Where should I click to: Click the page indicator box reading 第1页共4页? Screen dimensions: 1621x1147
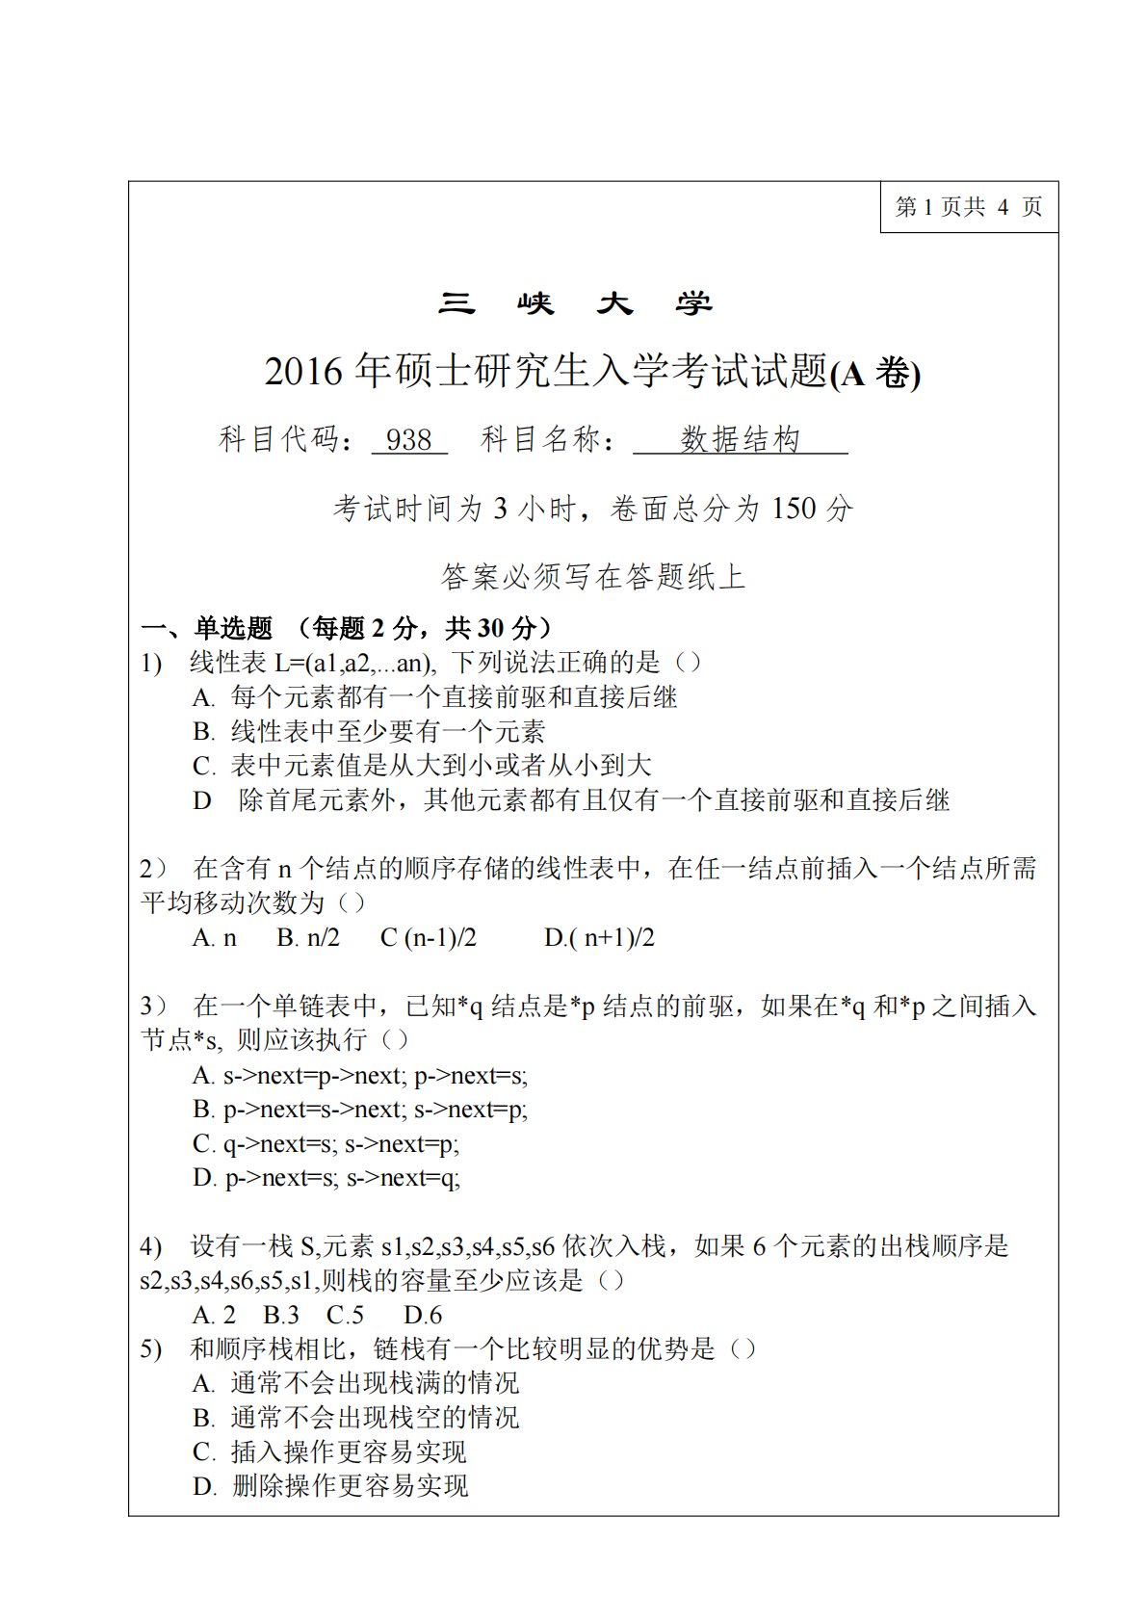(968, 207)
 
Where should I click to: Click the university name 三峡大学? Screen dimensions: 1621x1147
(575, 304)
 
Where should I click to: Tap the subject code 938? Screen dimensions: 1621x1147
(408, 440)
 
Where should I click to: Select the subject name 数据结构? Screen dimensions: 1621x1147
(740, 440)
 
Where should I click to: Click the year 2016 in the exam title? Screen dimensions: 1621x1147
(303, 372)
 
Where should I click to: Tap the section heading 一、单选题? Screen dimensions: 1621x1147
(207, 629)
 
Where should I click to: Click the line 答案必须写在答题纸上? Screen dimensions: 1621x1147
(593, 577)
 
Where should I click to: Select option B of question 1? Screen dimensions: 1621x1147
(369, 732)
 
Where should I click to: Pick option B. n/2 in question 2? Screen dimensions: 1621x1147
(308, 938)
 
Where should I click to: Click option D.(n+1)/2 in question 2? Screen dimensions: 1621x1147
(599, 938)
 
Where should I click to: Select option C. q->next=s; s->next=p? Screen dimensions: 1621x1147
(326, 1144)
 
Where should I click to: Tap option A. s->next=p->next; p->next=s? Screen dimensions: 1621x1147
(360, 1076)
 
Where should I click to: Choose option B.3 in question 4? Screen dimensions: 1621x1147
(281, 1316)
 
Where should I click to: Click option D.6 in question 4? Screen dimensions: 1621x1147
(423, 1316)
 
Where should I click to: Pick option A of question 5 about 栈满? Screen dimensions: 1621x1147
(355, 1384)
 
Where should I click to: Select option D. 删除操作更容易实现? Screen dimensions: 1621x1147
(330, 1486)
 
